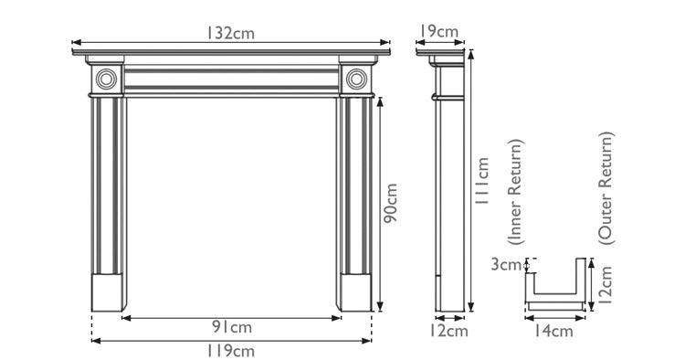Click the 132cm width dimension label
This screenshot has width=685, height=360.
point(229,32)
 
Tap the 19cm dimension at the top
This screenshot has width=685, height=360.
point(439,32)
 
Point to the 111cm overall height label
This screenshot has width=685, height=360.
point(483,184)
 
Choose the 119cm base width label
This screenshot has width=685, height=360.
point(232,351)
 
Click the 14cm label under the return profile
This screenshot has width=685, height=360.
point(554,331)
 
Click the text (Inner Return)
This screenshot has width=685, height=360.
point(517,193)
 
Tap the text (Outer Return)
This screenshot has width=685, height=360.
point(606,186)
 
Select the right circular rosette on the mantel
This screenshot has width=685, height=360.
point(356,79)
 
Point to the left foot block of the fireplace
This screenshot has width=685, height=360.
point(109,291)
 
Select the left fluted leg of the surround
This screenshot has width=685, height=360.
point(109,183)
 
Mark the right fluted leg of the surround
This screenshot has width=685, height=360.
point(356,183)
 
